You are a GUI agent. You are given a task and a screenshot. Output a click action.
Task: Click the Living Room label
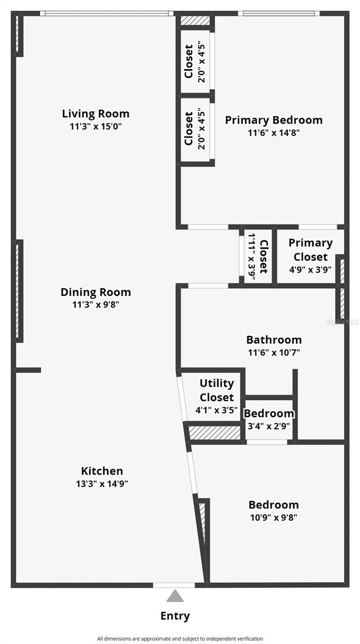[95, 114]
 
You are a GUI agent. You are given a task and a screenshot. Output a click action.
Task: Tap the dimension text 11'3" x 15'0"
[95, 127]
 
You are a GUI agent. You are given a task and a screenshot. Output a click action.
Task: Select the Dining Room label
[95, 292]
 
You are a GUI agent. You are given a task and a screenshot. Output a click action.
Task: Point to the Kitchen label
[102, 471]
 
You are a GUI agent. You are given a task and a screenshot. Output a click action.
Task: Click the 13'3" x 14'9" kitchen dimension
[102, 484]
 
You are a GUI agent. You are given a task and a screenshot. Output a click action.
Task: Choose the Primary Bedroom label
[274, 120]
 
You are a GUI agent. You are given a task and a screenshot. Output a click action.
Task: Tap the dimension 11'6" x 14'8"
[274, 133]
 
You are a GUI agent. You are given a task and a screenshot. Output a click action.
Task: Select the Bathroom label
[274, 340]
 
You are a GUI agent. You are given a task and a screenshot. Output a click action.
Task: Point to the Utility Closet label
[217, 390]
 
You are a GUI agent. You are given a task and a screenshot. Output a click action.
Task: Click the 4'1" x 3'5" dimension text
[216, 411]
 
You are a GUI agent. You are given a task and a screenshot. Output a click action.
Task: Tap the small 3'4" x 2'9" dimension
[269, 427]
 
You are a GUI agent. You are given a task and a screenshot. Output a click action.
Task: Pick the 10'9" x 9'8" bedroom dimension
[274, 518]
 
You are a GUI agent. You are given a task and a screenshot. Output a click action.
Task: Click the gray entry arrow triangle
[174, 596]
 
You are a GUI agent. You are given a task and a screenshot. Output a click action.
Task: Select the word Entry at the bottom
[175, 616]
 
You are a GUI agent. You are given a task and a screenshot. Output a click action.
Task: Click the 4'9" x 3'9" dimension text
[310, 270]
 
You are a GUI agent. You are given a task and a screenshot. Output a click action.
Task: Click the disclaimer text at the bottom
[180, 639]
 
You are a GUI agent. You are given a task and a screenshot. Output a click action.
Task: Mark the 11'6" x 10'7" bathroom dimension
[274, 353]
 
